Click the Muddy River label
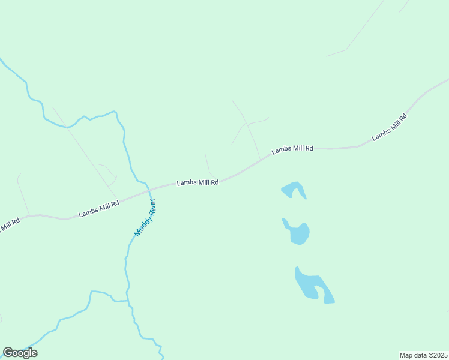tap(145, 217)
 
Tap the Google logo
tap(20, 353)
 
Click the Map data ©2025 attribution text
tap(423, 355)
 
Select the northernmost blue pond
tap(294, 190)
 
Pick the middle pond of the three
tap(299, 233)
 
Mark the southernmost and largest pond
tap(311, 284)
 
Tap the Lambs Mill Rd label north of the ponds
tap(292, 149)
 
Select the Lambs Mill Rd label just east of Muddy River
tap(197, 182)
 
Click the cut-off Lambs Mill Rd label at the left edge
tap(9, 225)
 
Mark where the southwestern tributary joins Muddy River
tap(128, 300)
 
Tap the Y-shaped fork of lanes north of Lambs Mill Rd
tap(246, 124)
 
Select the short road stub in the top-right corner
tap(403, 7)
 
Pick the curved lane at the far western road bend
tap(22, 192)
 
